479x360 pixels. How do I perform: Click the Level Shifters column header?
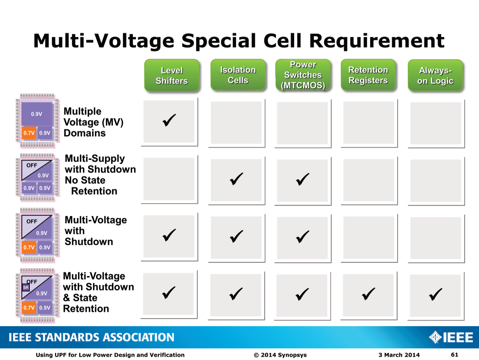pos(172,75)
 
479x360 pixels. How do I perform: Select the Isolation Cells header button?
pos(238,75)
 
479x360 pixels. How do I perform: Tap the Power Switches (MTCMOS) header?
pos(303,75)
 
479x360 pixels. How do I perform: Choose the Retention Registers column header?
pos(368,75)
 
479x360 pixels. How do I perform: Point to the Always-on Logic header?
pos(435,75)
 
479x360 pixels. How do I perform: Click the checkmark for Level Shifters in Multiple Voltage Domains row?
pos(169,120)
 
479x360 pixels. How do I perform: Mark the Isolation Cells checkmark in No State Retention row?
pos(236,179)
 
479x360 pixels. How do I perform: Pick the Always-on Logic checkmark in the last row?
pos(436,294)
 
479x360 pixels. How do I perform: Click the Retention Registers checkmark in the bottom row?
pos(368,294)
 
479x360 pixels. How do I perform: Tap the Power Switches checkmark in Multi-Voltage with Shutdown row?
pos(303,237)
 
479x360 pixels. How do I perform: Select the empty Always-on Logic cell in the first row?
pos(436,123)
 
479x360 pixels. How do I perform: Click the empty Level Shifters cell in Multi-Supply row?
pos(169,179)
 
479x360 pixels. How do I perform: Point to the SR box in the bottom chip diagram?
pos(26,288)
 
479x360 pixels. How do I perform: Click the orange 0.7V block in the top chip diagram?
pos(29,133)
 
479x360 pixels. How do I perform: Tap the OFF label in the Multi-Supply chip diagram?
pos(32,165)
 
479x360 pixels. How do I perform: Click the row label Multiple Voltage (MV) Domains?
pos(93,122)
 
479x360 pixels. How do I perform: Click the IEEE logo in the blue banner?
pos(451,337)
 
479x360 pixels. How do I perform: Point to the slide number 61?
pos(455,355)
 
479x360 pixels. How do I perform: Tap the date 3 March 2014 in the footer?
pos(399,355)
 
